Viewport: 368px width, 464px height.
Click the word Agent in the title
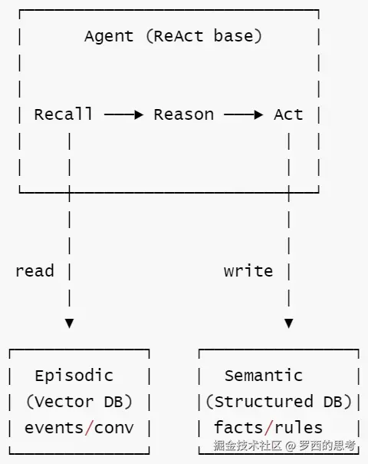(109, 37)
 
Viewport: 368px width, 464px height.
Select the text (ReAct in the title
(175, 36)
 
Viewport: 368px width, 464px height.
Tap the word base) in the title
(238, 36)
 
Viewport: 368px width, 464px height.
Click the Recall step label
(63, 114)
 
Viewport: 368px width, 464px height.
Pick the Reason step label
(184, 114)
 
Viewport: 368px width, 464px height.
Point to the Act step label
(288, 114)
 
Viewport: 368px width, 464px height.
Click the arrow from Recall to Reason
(123, 114)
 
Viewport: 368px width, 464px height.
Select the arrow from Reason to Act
(243, 114)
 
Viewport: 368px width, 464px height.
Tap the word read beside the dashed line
(34, 271)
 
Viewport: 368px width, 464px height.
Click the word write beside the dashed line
(248, 271)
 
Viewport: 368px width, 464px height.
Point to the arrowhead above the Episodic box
(70, 323)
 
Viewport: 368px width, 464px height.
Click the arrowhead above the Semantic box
(289, 323)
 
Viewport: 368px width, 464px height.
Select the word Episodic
(74, 376)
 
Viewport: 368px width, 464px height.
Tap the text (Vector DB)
(79, 402)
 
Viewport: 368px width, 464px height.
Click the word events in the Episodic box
(54, 428)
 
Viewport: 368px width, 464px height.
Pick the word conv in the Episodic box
(114, 428)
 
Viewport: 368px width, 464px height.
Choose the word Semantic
(264, 376)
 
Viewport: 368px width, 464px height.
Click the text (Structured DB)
(279, 402)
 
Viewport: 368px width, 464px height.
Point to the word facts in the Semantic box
(238, 427)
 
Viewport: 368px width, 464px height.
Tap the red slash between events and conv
(89, 428)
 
